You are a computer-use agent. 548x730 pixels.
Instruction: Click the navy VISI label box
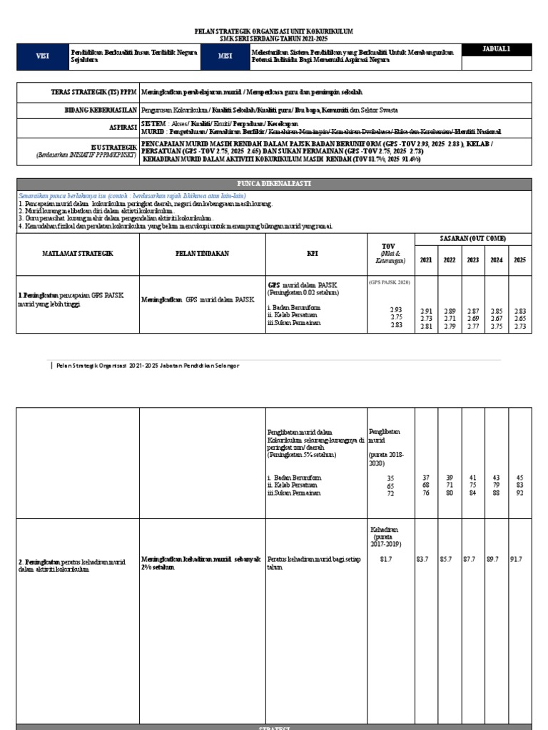point(43,57)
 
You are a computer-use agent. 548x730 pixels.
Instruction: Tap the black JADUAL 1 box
point(497,49)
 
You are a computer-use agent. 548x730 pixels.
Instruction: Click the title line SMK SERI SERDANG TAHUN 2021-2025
point(274,39)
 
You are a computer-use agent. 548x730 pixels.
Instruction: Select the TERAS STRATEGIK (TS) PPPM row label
point(93,93)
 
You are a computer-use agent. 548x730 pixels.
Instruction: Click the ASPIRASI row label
point(118,128)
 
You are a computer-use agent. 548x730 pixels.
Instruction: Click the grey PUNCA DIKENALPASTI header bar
point(274,184)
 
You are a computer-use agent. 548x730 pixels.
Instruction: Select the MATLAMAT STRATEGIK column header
point(78,253)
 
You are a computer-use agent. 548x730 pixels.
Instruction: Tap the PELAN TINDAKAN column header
point(202,253)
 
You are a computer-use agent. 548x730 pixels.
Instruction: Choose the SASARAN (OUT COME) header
point(473,238)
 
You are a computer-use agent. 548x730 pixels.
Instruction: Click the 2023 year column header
point(473,260)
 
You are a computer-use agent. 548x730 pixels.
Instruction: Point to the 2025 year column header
point(519,260)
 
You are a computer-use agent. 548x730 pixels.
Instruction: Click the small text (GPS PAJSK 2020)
point(390,282)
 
